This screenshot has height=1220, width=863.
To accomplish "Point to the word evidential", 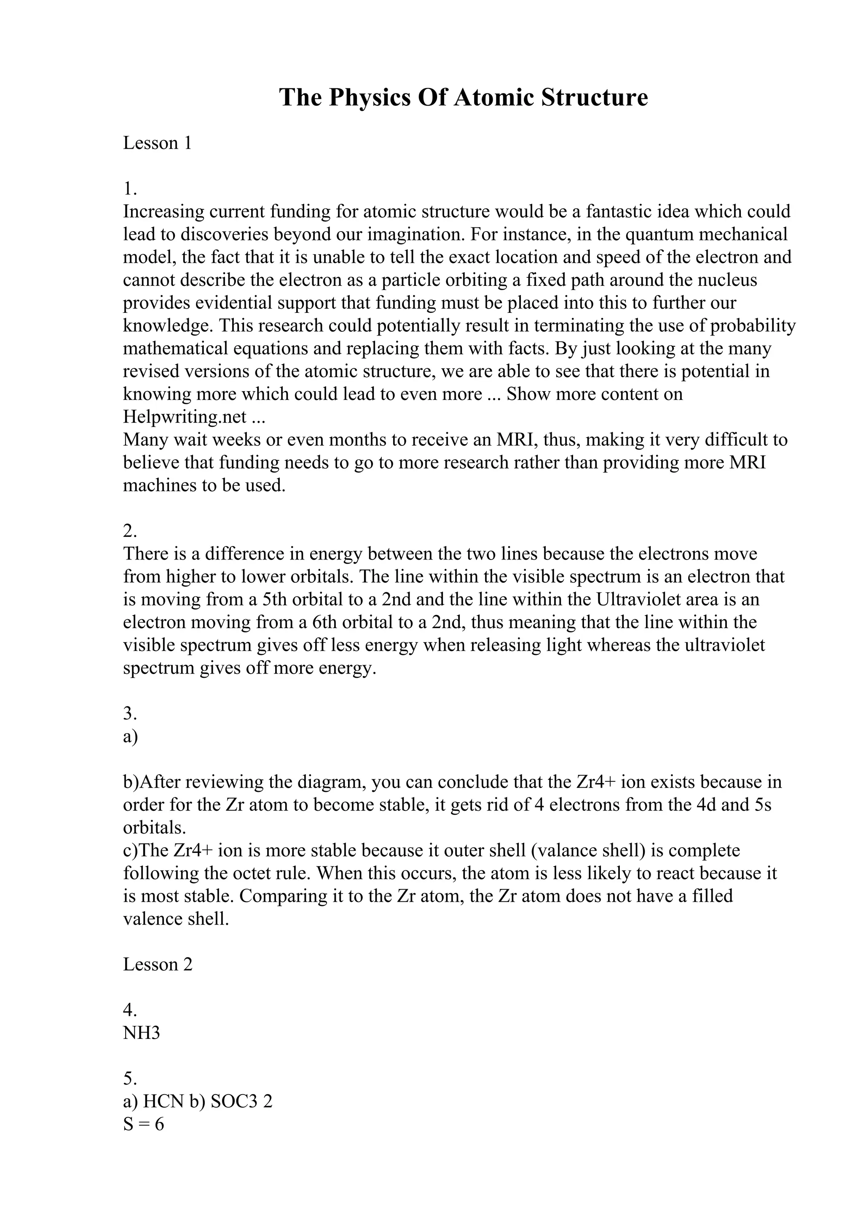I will click(233, 303).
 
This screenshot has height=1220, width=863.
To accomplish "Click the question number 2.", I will click(130, 531).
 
